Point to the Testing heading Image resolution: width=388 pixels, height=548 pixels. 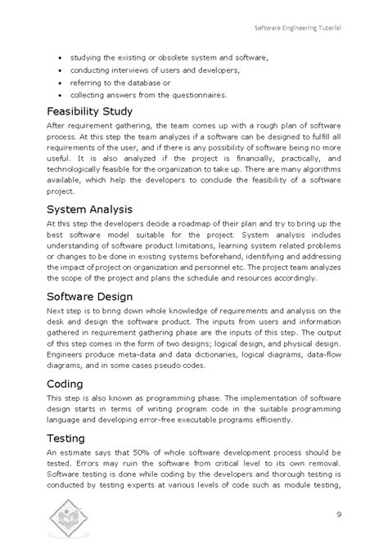[x=66, y=438]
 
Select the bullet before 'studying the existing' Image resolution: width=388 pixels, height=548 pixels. [x=61, y=58]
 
